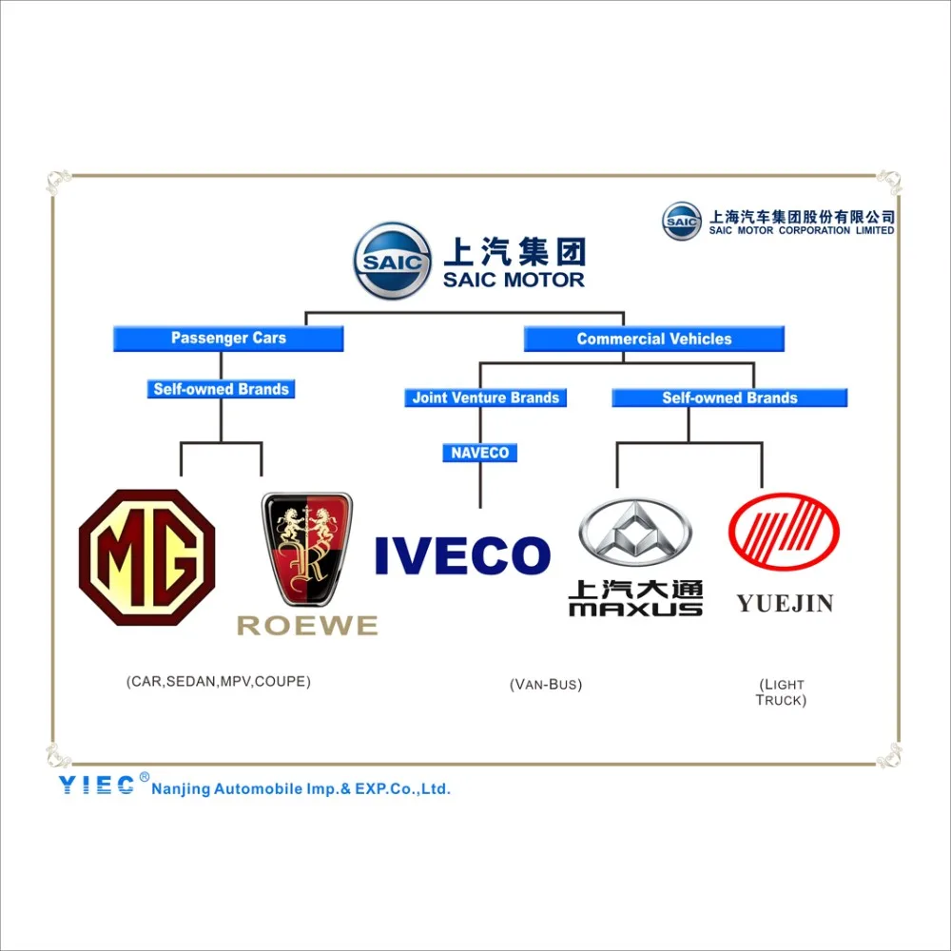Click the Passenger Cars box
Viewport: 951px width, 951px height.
click(x=228, y=339)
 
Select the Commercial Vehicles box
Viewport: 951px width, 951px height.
click(x=654, y=339)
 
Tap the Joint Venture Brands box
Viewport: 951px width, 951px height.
click(x=485, y=398)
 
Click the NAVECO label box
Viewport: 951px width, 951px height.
click(x=480, y=453)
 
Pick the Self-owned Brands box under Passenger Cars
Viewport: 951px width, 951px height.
click(x=221, y=389)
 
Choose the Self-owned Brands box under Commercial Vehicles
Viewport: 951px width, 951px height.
click(x=729, y=398)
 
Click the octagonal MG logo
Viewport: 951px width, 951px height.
click(x=146, y=557)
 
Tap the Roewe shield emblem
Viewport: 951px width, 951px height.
click(x=306, y=550)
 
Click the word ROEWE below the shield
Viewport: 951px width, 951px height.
click(x=307, y=626)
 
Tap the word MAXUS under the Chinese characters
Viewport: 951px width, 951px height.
click(x=635, y=609)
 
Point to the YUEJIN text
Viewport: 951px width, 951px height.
click(x=785, y=603)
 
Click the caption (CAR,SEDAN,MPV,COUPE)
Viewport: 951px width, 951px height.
click(x=218, y=682)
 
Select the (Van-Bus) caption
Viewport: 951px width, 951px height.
click(x=546, y=684)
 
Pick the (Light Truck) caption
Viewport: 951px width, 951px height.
click(x=782, y=691)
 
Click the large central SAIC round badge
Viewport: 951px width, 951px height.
click(x=393, y=260)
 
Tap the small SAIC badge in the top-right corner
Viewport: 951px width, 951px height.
click(x=682, y=222)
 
